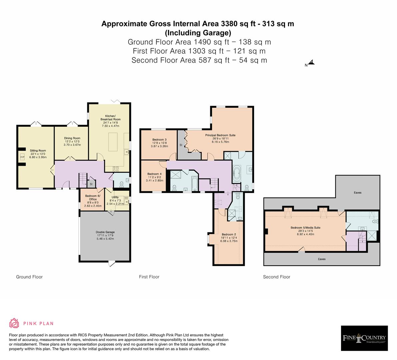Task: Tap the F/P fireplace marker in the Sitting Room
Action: pyautogui.click(x=22, y=157)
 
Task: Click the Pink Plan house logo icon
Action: pyautogui.click(x=14, y=323)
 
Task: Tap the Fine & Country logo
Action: pyautogui.click(x=364, y=338)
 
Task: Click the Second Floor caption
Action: pyautogui.click(x=276, y=277)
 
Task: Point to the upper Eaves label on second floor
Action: pyautogui.click(x=358, y=193)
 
